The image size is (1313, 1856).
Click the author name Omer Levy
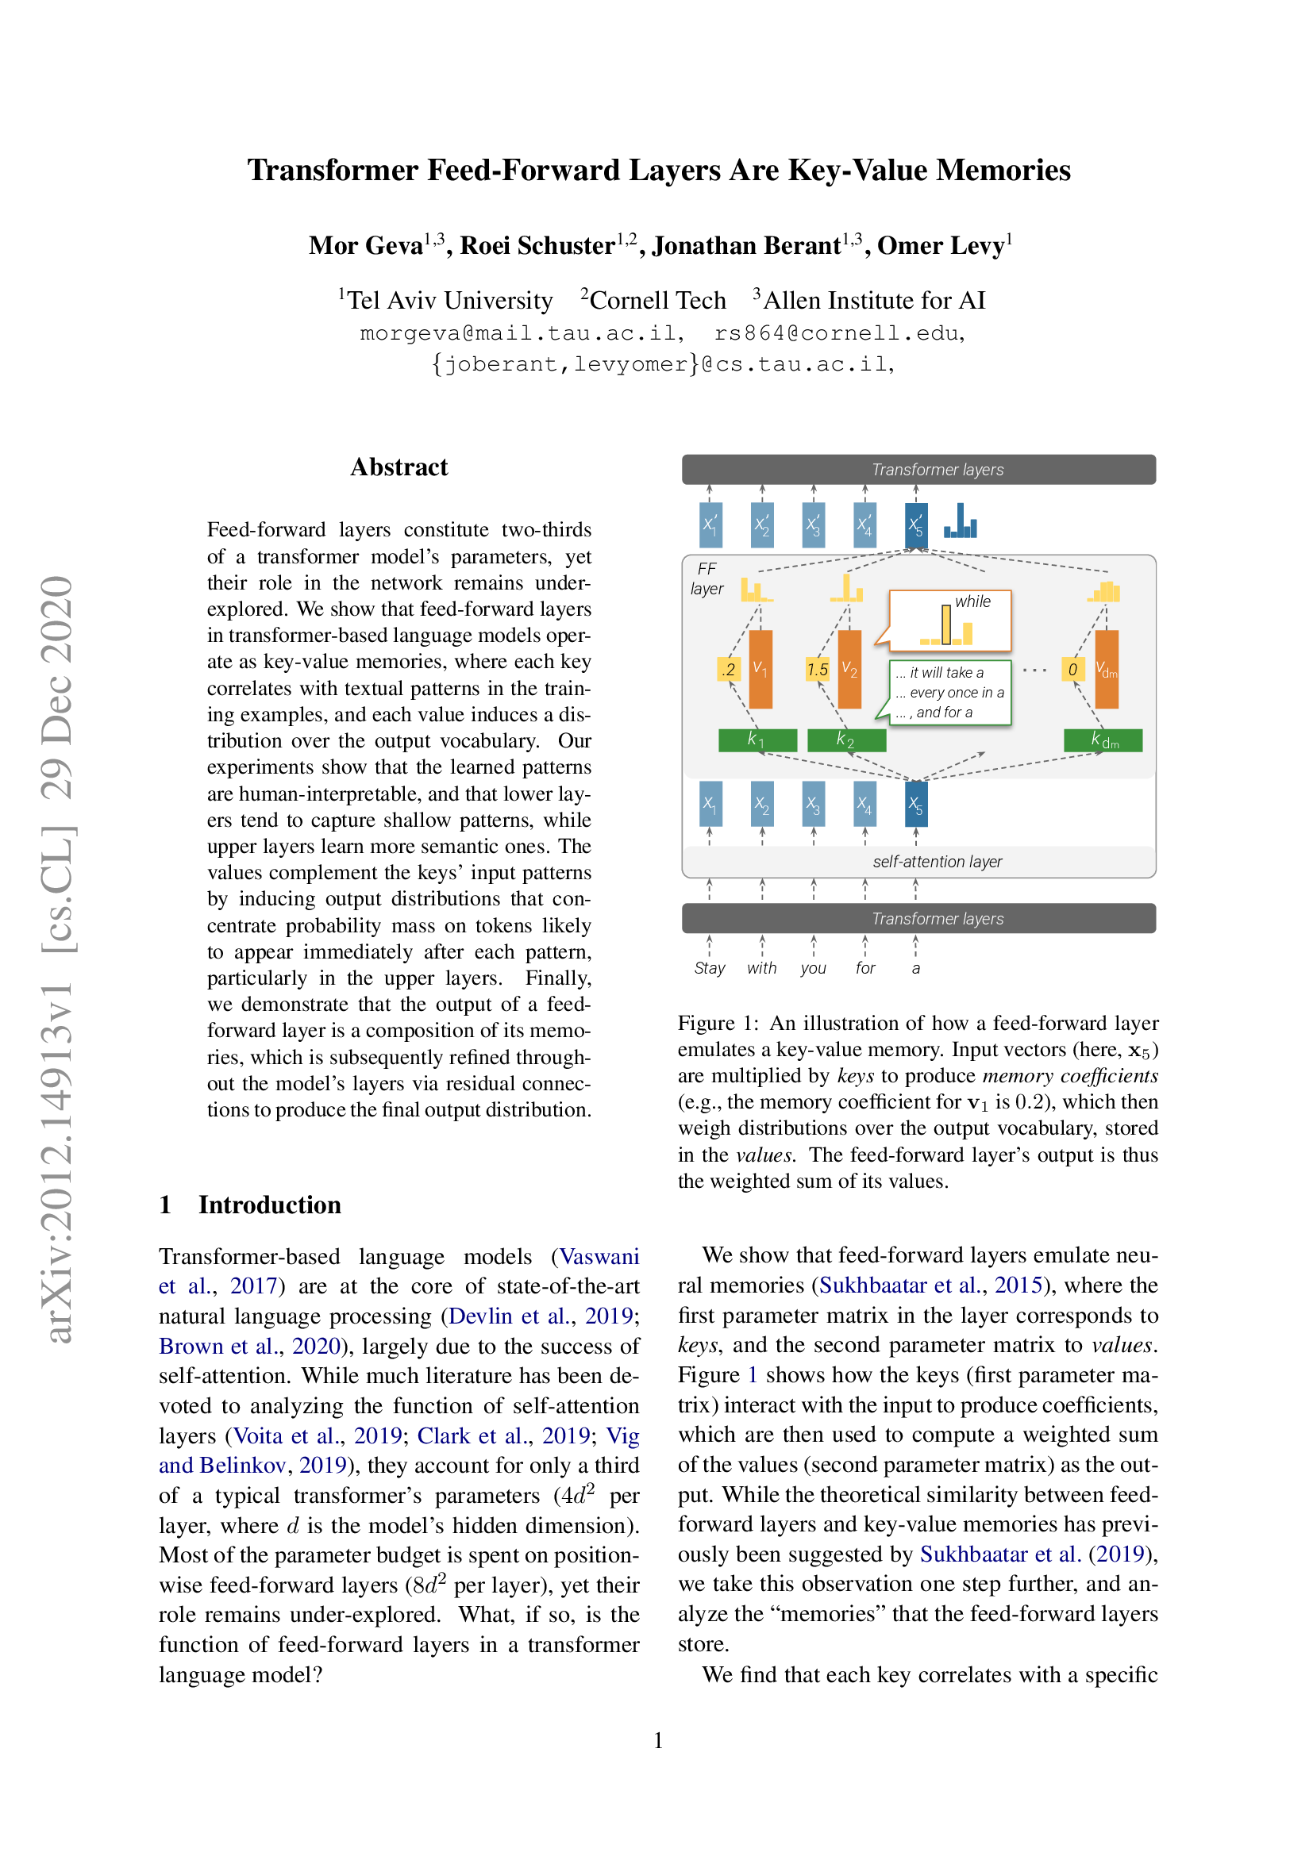[943, 245]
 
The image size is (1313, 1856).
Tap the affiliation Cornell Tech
[656, 300]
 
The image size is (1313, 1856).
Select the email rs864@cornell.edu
[838, 333]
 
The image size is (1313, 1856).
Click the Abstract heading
[399, 467]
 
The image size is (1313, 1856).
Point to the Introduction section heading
[269, 1205]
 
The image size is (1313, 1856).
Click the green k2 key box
[846, 740]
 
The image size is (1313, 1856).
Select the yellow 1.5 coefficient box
[818, 670]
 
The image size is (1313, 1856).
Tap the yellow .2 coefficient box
[729, 670]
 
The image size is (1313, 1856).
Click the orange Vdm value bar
[1106, 670]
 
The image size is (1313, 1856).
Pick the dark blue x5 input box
[915, 804]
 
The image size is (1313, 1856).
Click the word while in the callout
[972, 601]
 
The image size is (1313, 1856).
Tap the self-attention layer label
[936, 862]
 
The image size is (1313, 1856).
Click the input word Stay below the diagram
[709, 968]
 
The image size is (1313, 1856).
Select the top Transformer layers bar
[918, 470]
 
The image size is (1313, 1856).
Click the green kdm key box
[1102, 740]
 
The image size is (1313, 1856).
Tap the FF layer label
[707, 578]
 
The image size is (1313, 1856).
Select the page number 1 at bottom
[658, 1739]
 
